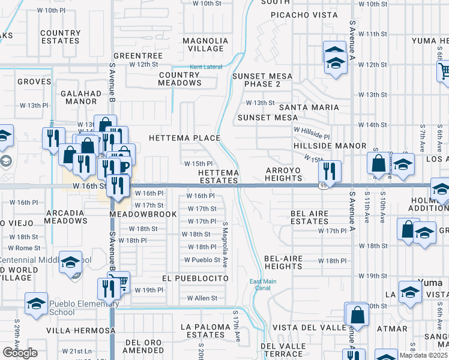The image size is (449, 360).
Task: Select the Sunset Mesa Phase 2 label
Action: click(262, 80)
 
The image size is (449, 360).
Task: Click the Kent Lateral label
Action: click(205, 67)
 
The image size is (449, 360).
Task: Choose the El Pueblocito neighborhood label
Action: click(195, 279)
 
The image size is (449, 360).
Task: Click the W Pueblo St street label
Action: click(202, 260)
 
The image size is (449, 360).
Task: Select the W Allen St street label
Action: click(202, 298)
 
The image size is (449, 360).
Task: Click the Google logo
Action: click(19, 352)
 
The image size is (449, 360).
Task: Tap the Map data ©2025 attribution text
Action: click(424, 355)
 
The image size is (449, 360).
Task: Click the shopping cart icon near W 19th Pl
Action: click(121, 281)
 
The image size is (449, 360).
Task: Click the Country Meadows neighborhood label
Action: click(180, 79)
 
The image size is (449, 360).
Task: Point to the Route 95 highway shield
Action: click(324, 185)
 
